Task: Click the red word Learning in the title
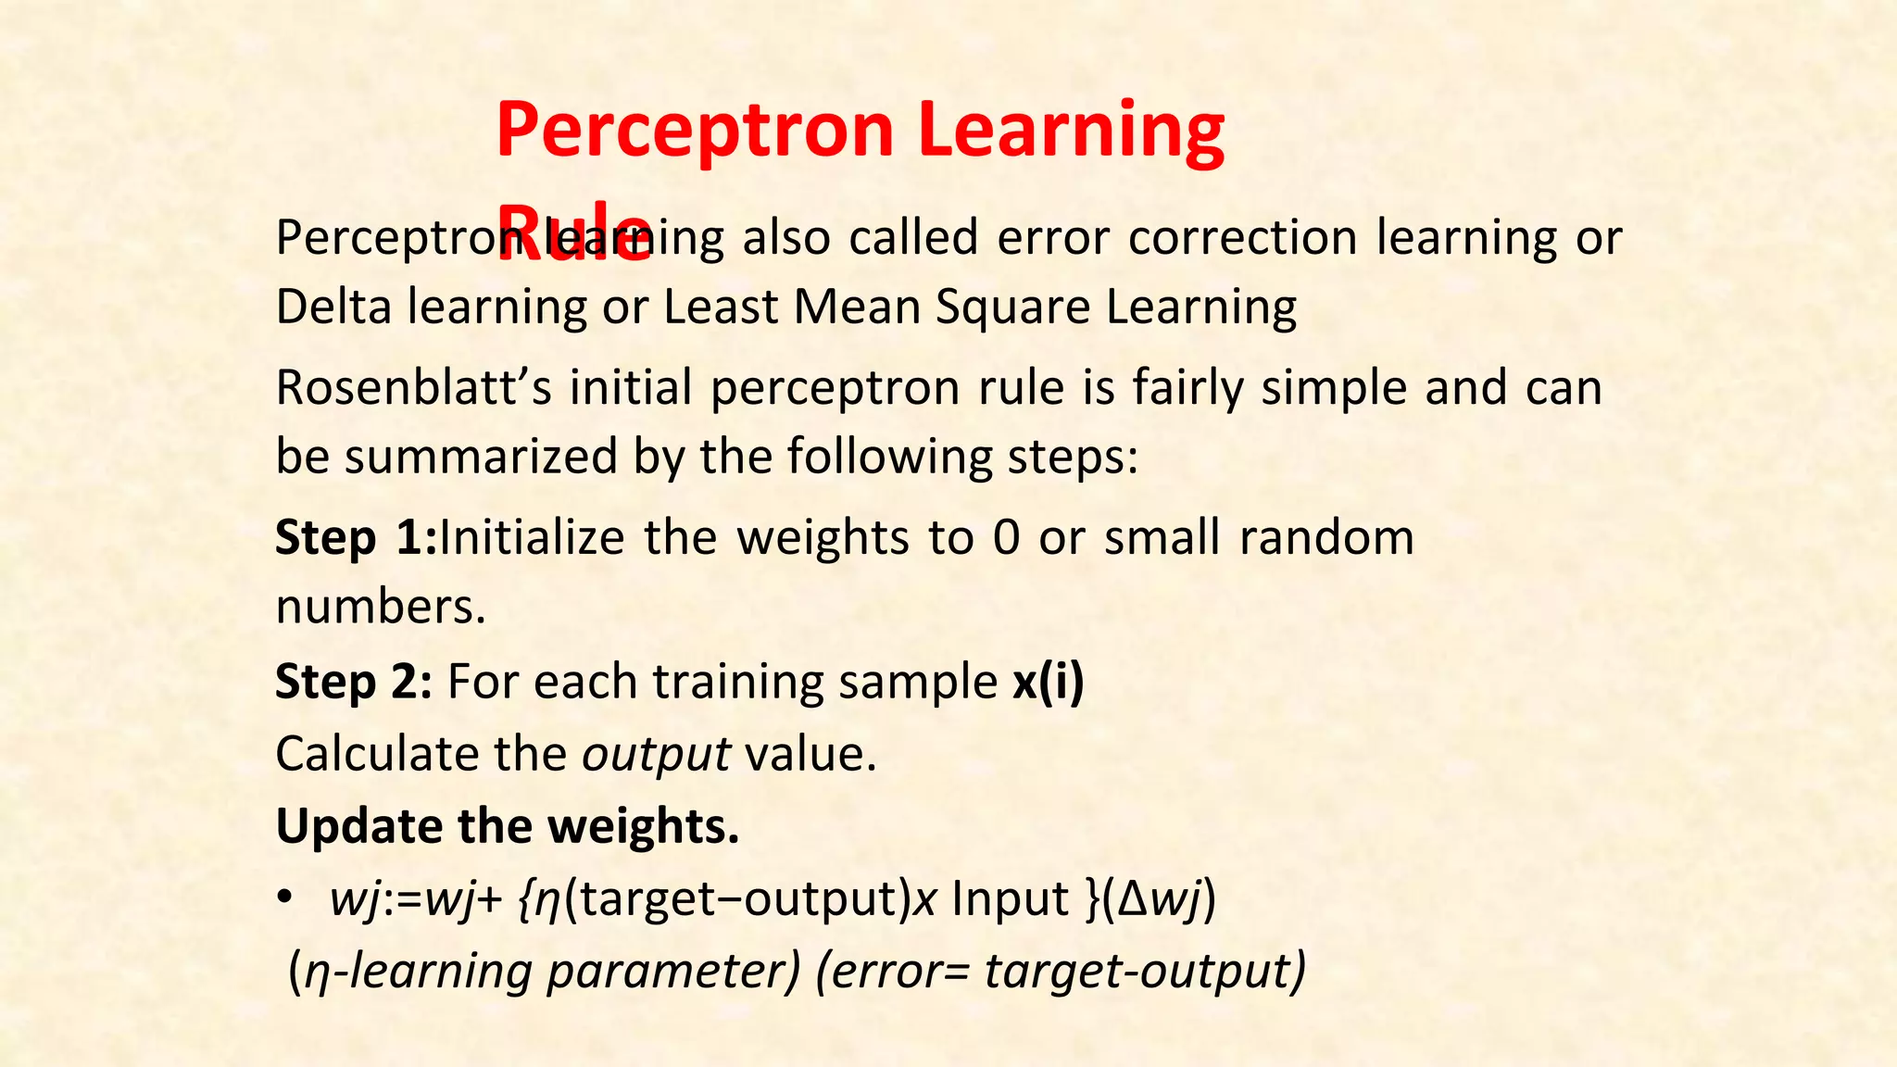(x=1072, y=132)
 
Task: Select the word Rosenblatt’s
(x=413, y=388)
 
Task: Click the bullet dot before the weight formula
(x=285, y=898)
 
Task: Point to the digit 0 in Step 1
(x=1006, y=538)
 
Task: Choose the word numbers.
(x=381, y=609)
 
